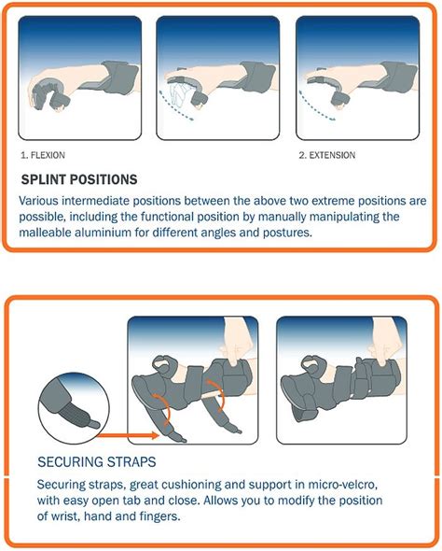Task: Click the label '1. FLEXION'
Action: pyautogui.click(x=43, y=155)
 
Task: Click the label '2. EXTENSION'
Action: pyautogui.click(x=327, y=155)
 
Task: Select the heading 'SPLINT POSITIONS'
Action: pyautogui.click(x=79, y=179)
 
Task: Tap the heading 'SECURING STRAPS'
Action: pyautogui.click(x=96, y=461)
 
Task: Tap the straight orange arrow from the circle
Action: pyautogui.click(x=129, y=436)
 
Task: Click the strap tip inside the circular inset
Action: pyautogui.click(x=93, y=425)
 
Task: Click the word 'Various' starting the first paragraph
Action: pyautogui.click(x=38, y=201)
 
